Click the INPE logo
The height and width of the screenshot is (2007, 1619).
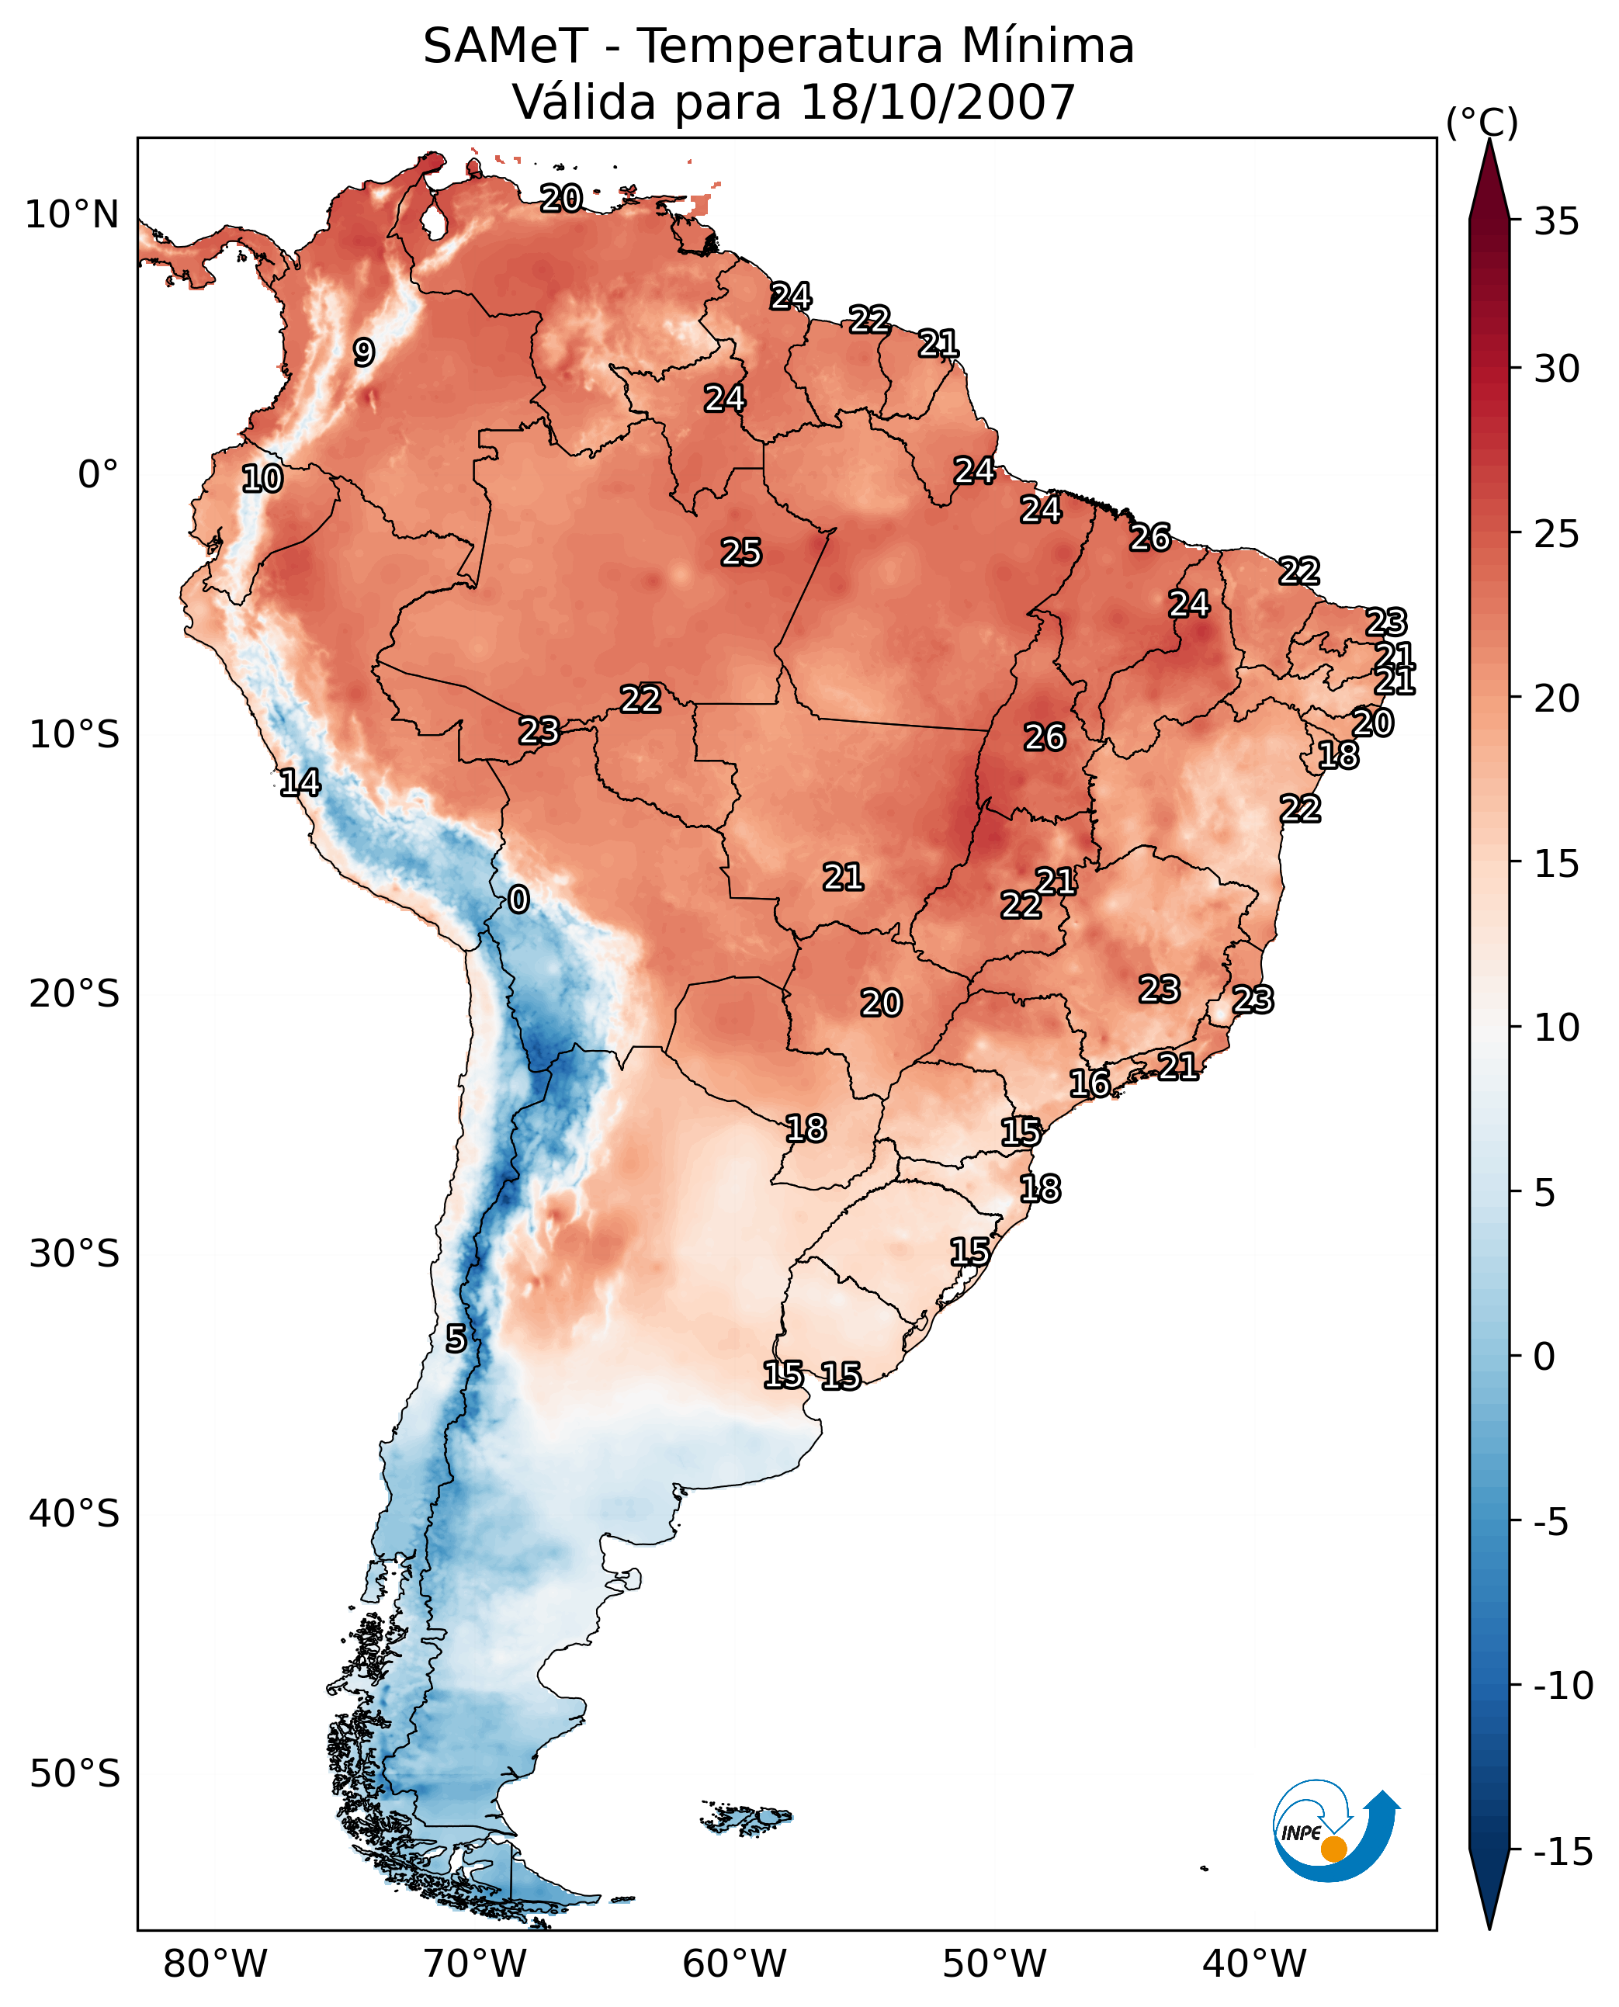click(x=1335, y=1832)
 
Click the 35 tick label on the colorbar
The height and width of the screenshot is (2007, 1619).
click(x=1556, y=222)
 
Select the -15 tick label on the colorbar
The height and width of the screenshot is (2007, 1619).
click(x=1563, y=1853)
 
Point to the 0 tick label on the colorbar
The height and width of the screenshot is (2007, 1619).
click(x=1544, y=1356)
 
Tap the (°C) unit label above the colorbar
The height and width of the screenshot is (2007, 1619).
click(x=1482, y=122)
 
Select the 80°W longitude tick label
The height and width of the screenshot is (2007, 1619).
click(x=216, y=1965)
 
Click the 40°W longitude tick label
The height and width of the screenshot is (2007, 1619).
click(x=1254, y=1965)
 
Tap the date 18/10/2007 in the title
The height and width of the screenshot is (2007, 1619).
click(x=938, y=102)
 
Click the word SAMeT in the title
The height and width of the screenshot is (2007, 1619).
click(x=504, y=46)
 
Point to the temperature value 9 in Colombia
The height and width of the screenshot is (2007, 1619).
click(x=364, y=352)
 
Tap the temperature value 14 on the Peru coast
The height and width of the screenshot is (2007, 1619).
click(x=300, y=782)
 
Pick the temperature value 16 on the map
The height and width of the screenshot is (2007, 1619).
click(x=1089, y=1083)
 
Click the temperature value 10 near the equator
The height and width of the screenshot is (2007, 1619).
click(x=262, y=480)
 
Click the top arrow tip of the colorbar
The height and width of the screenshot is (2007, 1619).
click(x=1489, y=142)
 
